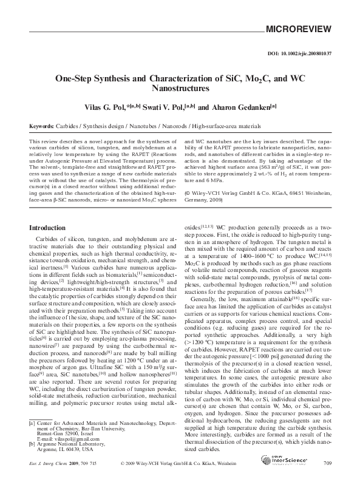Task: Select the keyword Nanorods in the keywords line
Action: click(x=169, y=126)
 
